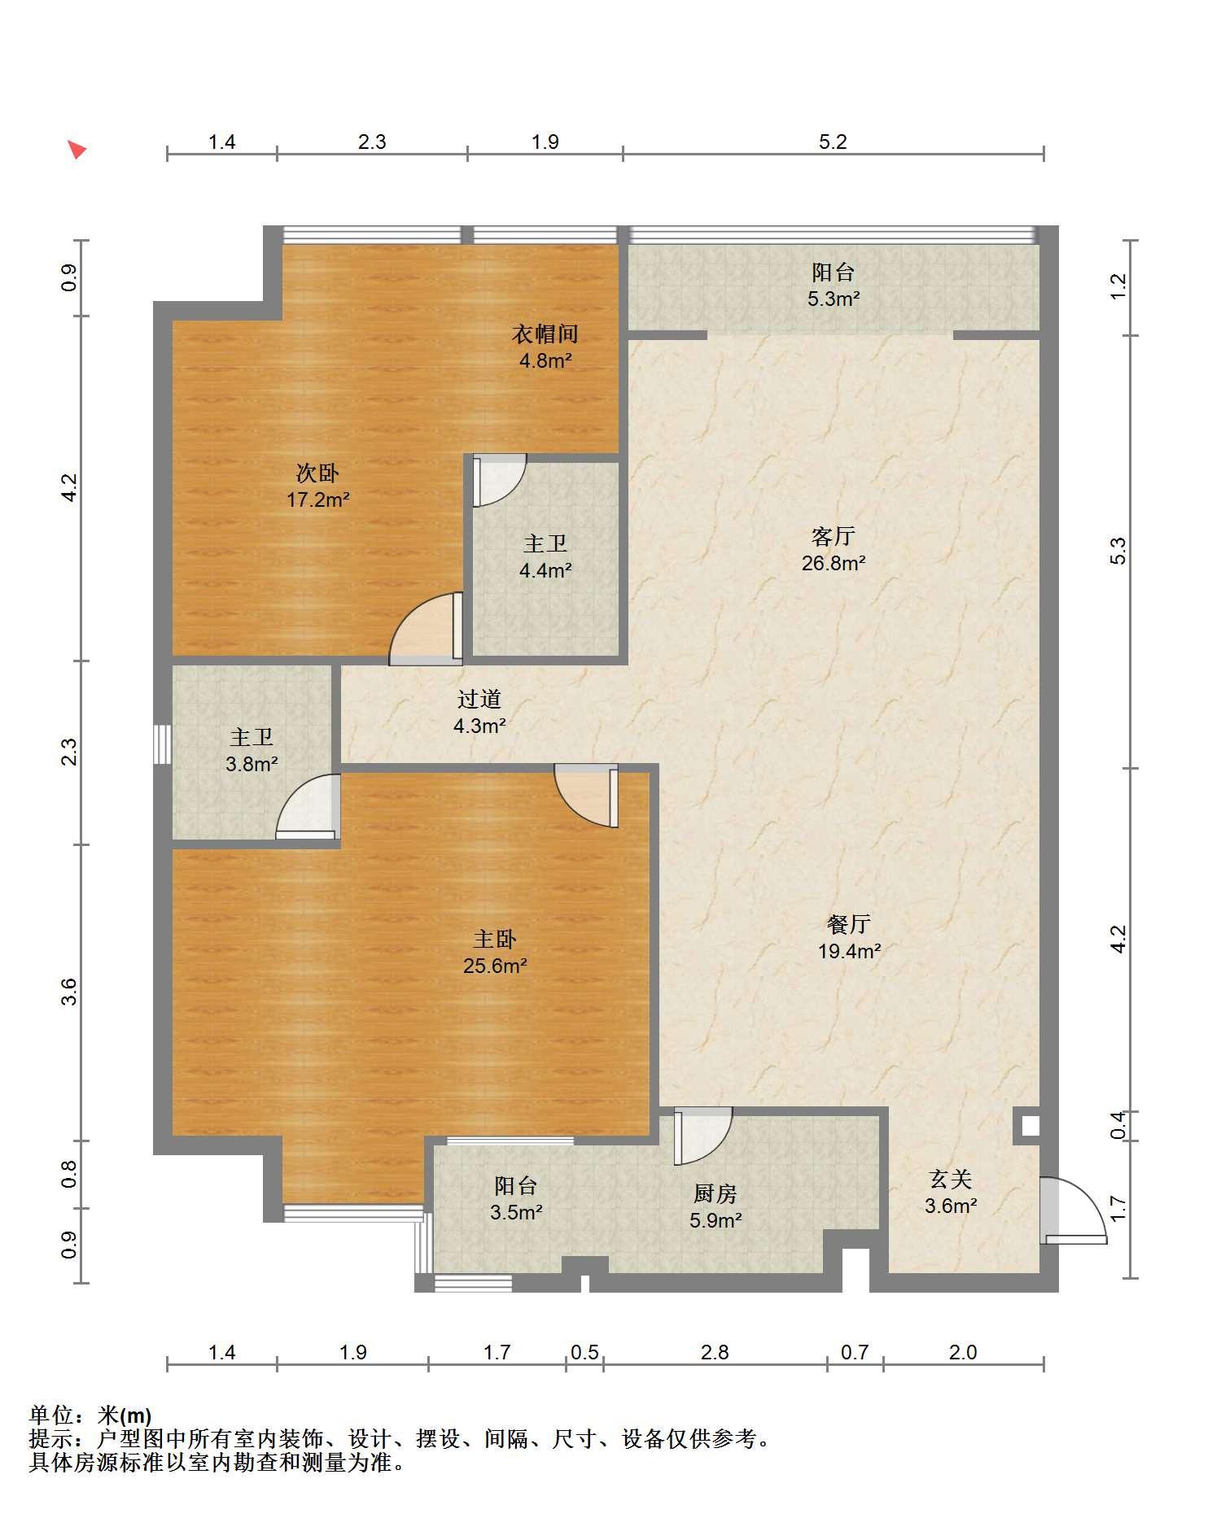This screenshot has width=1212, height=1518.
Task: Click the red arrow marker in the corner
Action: [x=77, y=150]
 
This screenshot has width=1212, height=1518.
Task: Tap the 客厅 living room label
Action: [x=833, y=536]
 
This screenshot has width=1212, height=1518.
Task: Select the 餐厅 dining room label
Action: [x=849, y=923]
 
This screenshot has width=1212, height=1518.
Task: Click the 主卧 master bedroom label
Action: [x=495, y=939]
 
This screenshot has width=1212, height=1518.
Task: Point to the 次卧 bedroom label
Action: [x=317, y=473]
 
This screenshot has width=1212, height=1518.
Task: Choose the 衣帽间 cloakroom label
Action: [x=545, y=334]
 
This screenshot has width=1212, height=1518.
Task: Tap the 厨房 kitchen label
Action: [x=715, y=1193]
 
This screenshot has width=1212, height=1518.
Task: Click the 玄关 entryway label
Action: [x=951, y=1179]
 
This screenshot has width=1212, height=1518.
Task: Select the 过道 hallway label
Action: [x=479, y=699]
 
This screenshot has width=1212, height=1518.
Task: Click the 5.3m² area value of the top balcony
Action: [x=834, y=299]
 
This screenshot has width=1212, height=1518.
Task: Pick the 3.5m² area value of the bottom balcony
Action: [x=516, y=1213]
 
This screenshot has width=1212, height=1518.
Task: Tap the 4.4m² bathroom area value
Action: [x=545, y=570]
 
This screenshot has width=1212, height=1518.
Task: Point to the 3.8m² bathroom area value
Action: [x=252, y=764]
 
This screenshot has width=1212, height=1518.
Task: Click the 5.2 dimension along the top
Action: [x=833, y=142]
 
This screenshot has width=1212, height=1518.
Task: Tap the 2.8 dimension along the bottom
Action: [x=715, y=1352]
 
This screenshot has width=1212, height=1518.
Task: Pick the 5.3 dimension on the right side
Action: [x=1118, y=552]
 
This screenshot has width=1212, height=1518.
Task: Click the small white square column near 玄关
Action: [x=1030, y=1127]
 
